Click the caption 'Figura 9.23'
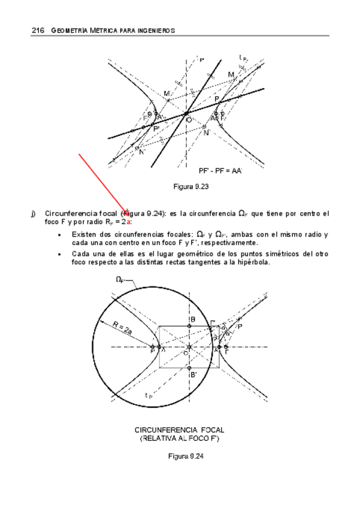tap(190, 187)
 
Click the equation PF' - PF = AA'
tap(220, 171)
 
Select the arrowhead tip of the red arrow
tap(128, 214)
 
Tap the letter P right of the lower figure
tap(240, 326)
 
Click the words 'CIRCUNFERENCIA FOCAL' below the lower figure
tap(180, 430)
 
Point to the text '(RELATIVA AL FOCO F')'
tap(180, 439)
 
